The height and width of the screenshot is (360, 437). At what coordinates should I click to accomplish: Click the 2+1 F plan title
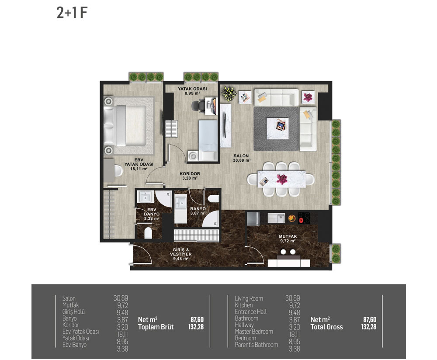click(72, 13)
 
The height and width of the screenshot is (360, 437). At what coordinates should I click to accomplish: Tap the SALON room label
click(241, 156)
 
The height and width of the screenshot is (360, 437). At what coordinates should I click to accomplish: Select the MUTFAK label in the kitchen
click(288, 236)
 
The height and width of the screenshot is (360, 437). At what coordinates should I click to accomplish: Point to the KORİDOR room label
click(190, 173)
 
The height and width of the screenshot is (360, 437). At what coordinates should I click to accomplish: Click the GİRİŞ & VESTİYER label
click(181, 252)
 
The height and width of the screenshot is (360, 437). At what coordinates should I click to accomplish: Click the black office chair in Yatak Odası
click(198, 106)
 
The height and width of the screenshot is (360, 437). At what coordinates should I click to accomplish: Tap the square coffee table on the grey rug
click(277, 128)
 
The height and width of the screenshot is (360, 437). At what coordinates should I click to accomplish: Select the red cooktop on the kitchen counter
click(304, 218)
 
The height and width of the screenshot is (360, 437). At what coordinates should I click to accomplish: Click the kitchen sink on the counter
click(276, 218)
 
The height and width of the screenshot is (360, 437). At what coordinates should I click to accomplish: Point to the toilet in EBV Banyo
click(148, 233)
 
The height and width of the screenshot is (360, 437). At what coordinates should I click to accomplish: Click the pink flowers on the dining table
click(282, 179)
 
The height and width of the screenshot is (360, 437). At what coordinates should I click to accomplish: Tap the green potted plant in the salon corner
click(229, 93)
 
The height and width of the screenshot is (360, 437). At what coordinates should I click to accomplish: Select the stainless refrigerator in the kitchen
click(253, 219)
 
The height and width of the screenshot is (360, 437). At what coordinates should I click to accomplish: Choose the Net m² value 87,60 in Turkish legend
click(197, 319)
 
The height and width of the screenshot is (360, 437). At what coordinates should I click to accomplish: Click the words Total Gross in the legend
click(326, 327)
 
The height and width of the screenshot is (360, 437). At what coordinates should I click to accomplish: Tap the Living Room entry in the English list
click(249, 298)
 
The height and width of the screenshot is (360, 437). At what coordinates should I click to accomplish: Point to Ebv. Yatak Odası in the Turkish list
click(80, 332)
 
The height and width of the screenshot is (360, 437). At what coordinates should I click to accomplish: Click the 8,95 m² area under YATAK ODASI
click(192, 93)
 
